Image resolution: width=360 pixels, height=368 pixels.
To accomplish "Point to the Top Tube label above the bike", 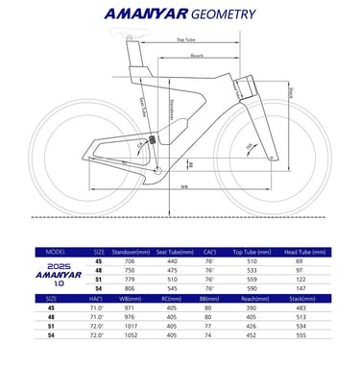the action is coord(188,40).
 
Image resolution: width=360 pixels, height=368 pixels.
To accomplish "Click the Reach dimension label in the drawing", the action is coord(197,58).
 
